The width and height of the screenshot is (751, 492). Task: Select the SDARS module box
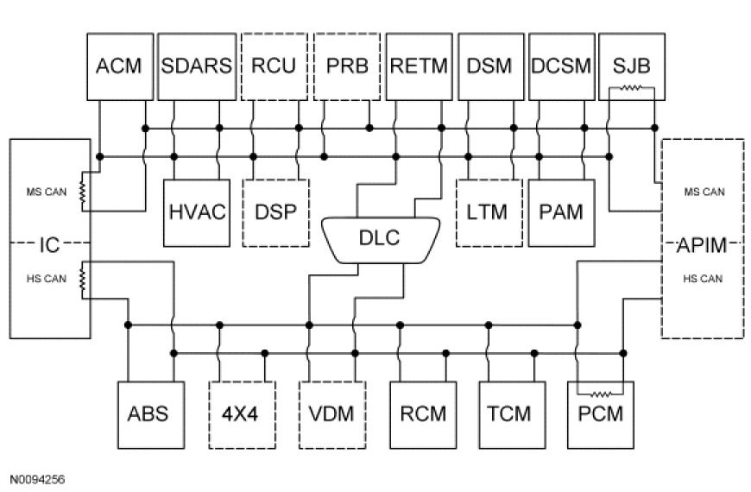196,66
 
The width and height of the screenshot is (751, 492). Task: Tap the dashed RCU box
273,66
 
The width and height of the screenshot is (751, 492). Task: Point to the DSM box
489,66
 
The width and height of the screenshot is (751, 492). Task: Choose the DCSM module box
561,66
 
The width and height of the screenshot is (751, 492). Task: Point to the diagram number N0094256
38,477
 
